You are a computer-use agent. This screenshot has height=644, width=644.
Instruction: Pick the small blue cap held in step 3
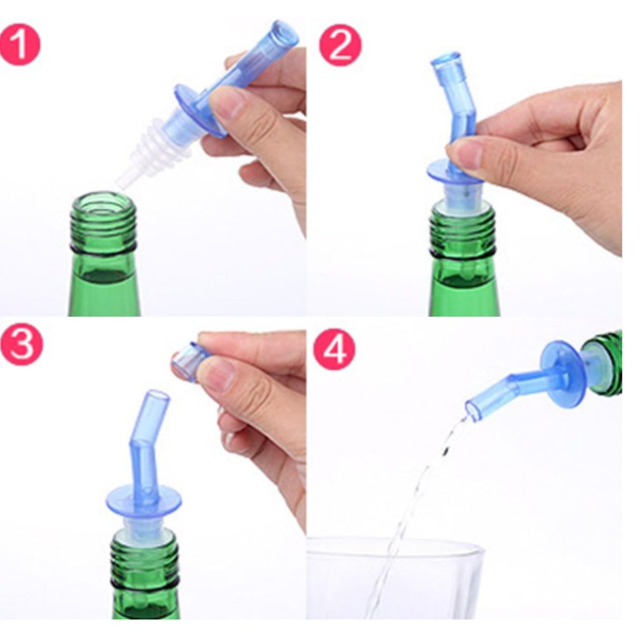click(189, 358)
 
